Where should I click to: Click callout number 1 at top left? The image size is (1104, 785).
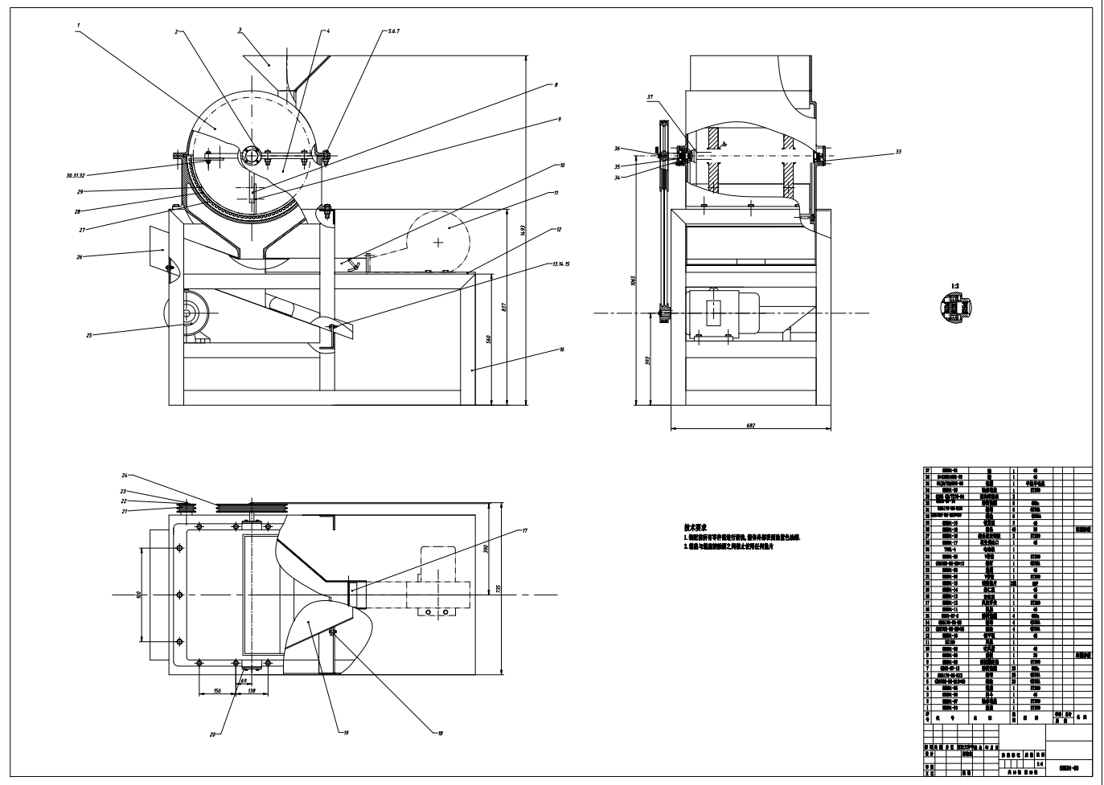(79, 24)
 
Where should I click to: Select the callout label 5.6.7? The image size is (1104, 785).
(393, 31)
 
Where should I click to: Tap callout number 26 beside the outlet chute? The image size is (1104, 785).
(80, 257)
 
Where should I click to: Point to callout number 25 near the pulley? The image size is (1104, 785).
(89, 334)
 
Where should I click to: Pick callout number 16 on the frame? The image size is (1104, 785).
(562, 350)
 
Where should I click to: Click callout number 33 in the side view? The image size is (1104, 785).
(897, 152)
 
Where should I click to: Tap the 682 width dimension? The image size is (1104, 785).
(749, 425)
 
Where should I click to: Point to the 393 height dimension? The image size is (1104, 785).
(647, 361)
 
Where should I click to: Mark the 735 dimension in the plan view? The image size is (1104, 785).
(498, 588)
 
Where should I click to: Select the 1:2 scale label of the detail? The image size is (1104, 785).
(954, 286)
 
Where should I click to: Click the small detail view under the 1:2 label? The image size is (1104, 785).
(955, 305)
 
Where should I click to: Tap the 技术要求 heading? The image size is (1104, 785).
(695, 526)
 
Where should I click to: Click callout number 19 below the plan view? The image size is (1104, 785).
(346, 733)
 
